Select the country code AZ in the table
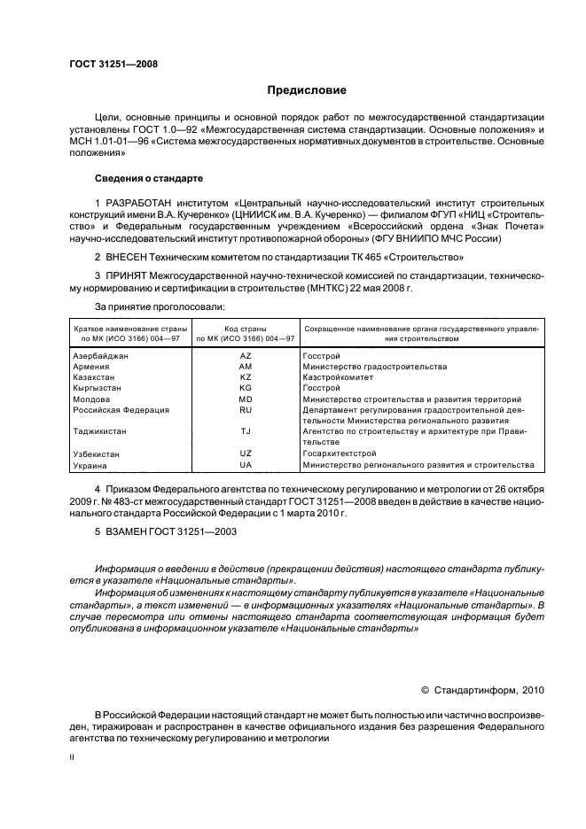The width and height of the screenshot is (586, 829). tap(246, 355)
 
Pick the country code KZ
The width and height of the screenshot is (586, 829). tap(246, 376)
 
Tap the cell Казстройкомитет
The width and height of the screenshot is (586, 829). tap(340, 376)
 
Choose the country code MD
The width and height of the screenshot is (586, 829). tap(246, 399)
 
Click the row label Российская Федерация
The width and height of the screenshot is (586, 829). tap(121, 410)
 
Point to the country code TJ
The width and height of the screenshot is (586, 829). tap(246, 431)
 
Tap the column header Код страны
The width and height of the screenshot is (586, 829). tap(246, 329)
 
